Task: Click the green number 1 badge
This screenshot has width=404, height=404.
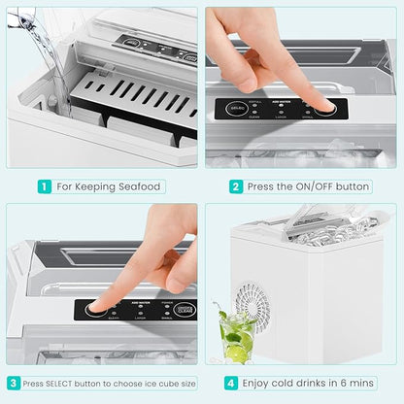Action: [45, 186]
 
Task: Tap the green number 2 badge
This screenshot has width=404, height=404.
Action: [236, 186]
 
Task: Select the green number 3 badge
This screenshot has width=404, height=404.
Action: [13, 383]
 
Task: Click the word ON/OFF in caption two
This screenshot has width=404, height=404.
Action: [312, 186]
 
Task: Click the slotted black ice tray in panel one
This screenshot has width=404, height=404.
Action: [135, 98]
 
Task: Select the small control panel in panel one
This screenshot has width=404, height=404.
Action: [145, 45]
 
